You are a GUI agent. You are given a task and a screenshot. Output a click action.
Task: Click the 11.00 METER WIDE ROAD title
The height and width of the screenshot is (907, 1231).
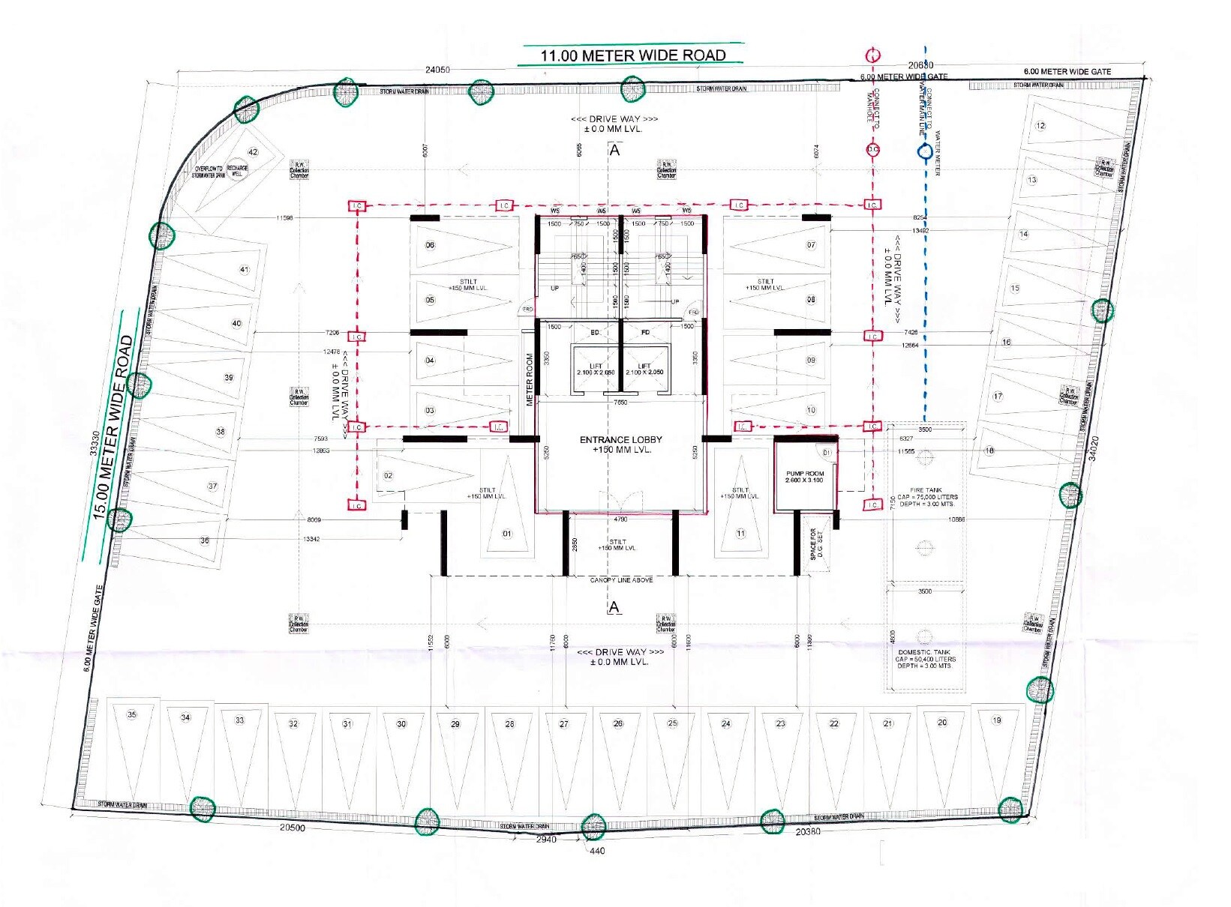(632, 55)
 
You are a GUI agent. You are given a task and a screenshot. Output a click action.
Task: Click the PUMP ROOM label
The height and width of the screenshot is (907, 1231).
(805, 477)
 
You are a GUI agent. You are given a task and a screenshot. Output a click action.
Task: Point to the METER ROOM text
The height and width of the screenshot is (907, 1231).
(530, 379)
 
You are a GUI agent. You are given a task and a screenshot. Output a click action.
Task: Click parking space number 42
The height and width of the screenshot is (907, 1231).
(253, 152)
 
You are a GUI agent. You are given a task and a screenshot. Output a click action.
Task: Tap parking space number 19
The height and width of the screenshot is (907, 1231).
(997, 720)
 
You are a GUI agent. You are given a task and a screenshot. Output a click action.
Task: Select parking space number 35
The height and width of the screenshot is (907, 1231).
(132, 715)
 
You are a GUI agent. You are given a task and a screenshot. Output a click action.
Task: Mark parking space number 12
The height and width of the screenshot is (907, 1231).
(1040, 126)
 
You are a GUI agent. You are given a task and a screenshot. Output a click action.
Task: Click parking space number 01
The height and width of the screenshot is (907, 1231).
(507, 534)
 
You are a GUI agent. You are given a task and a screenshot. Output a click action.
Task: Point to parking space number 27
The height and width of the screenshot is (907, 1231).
(564, 724)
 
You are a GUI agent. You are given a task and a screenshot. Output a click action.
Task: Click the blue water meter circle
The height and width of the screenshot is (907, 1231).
(923, 151)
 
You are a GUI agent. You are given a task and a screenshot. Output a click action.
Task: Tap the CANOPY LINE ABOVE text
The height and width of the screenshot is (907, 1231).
(621, 580)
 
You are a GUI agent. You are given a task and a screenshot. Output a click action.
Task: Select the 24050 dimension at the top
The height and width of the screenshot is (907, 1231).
(437, 70)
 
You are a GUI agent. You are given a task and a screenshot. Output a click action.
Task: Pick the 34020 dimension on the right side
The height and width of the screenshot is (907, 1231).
(1093, 448)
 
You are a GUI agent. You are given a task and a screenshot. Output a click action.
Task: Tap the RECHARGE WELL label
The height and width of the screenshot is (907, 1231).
(237, 171)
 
